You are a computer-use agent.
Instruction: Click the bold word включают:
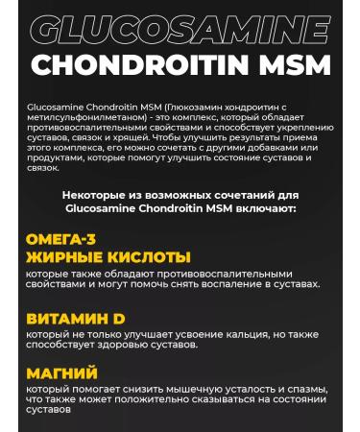pyautogui.click(x=267, y=206)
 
